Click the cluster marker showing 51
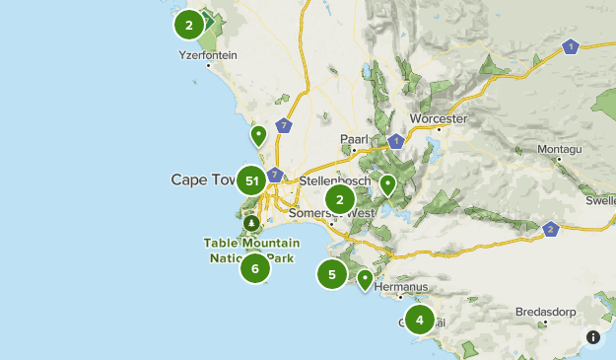[x=252, y=180]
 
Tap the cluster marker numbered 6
[x=254, y=267]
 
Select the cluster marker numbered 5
[x=332, y=274]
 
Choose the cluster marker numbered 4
[x=420, y=319]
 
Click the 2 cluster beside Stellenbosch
[x=340, y=199]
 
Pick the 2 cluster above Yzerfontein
[x=188, y=25]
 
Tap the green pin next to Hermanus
[x=365, y=280]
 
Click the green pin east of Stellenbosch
[x=388, y=183]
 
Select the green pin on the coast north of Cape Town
[x=258, y=135]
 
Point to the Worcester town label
[x=437, y=118]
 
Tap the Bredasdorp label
[x=544, y=312]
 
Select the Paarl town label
[x=353, y=138]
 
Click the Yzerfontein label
[x=207, y=55]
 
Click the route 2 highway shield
[x=550, y=230]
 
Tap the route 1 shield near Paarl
[x=395, y=140]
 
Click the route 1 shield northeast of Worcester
[x=570, y=45]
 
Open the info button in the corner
[x=592, y=337]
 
